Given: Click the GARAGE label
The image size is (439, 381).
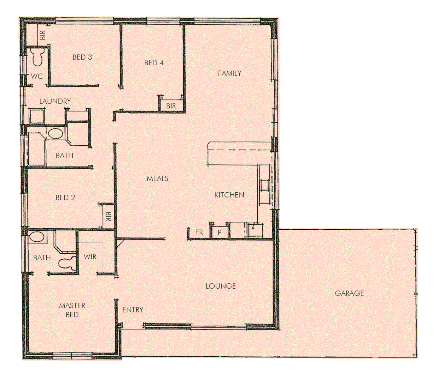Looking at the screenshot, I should tap(349, 293).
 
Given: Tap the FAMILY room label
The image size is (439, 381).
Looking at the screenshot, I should tap(229, 73).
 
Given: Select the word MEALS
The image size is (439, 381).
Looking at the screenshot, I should tap(157, 179).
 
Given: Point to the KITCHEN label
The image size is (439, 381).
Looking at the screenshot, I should tap(229, 195).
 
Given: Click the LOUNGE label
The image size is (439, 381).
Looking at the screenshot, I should tap(221, 286).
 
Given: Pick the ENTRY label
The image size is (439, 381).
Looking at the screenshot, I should tap(133, 310).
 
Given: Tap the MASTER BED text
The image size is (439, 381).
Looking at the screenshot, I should tap(72, 310).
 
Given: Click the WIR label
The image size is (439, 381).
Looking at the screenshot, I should tap(90, 257).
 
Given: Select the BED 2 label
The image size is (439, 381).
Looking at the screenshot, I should tap(65, 198).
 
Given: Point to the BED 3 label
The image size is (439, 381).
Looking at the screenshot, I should tap(82, 57).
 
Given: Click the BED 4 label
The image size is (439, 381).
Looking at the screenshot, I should tap(154, 63).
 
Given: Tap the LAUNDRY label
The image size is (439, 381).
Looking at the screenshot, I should tap(55, 101).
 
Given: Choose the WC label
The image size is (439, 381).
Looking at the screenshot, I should tap(37, 76).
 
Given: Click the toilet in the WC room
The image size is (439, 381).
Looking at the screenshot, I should tap(37, 58).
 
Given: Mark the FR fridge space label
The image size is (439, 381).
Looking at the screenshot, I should tap(199, 232).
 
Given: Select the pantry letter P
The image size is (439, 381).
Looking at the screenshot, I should tap(219, 232).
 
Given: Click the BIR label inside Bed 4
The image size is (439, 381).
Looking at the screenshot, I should tap(171, 106).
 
